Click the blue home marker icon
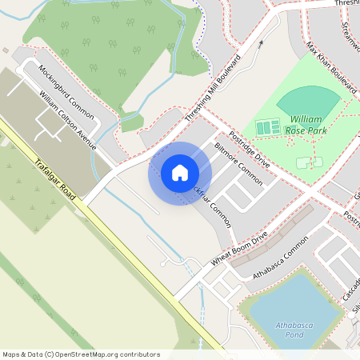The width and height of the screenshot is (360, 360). pyautogui.click(x=180, y=173)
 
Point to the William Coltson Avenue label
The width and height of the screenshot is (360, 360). pyautogui.click(x=67, y=121)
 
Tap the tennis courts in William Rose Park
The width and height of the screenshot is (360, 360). pyautogui.click(x=267, y=127)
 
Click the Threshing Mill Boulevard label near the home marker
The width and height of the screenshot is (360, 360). pyautogui.click(x=212, y=90)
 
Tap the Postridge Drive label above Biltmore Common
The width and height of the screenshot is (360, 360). pyautogui.click(x=249, y=147)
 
